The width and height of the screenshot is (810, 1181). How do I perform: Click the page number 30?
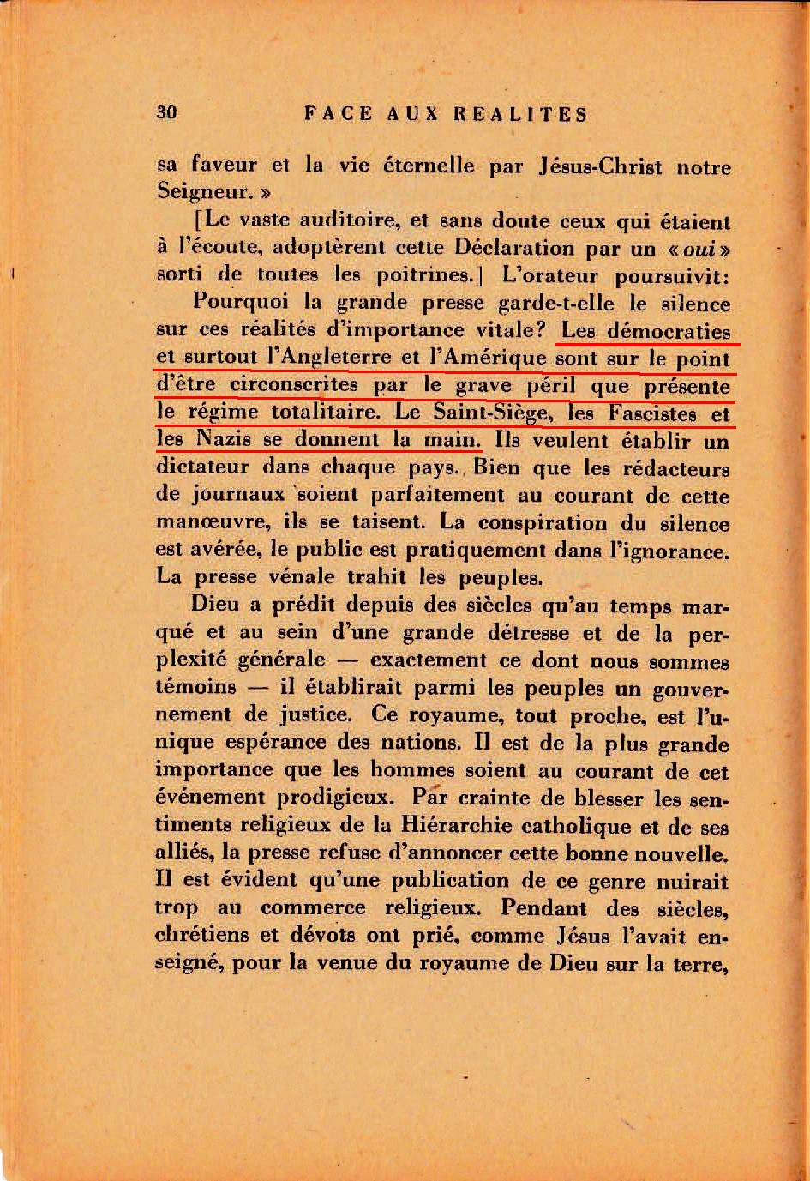coord(166,112)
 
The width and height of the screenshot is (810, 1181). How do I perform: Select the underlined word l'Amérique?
coord(486,358)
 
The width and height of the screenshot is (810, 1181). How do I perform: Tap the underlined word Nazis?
coord(223,440)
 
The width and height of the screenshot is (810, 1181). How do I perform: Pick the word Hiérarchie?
coord(463,826)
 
